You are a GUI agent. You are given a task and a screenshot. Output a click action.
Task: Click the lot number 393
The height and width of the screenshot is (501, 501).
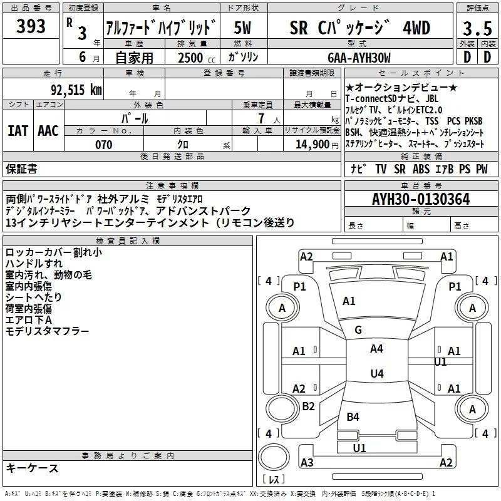point(31,26)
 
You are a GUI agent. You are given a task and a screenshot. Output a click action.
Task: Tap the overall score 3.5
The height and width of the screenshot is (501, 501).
point(477,29)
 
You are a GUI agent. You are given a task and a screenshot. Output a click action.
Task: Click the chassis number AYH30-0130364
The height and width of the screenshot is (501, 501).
point(421,200)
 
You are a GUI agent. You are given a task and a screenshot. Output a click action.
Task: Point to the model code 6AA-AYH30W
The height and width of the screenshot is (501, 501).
point(359,58)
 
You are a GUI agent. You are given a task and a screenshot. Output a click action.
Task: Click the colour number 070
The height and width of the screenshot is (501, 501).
point(103,145)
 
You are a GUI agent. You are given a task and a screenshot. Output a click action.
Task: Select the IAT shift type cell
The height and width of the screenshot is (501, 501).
point(18,131)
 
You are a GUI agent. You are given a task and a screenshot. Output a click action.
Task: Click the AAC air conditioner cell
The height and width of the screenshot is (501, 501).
point(48,131)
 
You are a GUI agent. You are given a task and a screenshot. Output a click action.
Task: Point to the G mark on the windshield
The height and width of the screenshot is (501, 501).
point(358,330)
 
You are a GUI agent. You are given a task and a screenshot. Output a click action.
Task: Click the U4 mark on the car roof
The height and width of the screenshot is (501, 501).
point(376,374)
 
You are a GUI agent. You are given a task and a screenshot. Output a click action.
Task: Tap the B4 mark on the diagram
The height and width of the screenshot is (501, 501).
point(353,416)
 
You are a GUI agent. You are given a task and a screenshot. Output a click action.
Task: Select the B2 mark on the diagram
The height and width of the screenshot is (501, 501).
point(308,406)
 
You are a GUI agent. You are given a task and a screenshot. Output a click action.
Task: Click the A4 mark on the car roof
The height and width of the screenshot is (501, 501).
point(376,349)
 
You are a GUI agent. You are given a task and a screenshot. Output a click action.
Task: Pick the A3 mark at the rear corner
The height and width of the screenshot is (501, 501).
point(307,463)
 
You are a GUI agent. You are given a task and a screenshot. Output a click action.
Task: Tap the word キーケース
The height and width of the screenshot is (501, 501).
point(32,468)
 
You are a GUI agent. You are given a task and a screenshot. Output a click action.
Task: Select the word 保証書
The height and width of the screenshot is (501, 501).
point(21,169)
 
